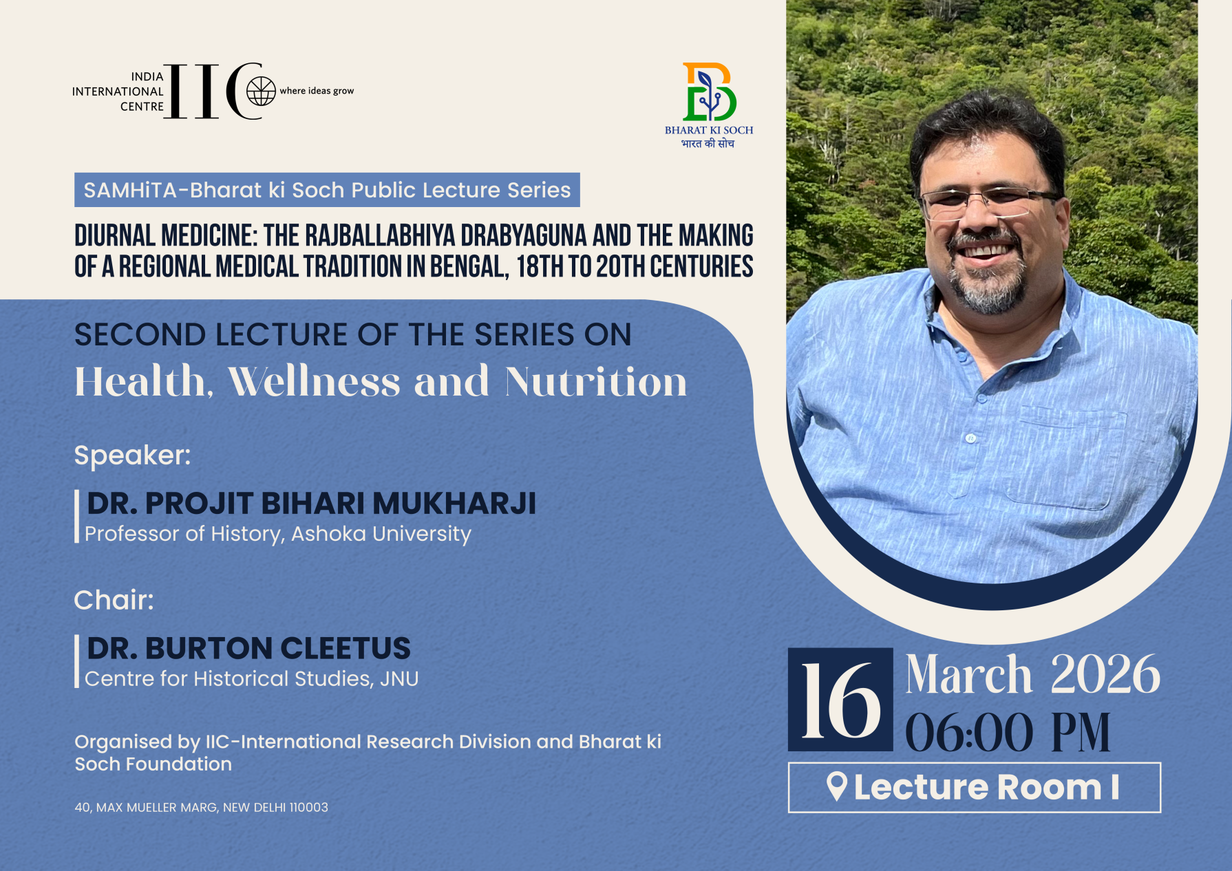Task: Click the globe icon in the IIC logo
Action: [261, 91]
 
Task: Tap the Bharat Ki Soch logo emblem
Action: [709, 92]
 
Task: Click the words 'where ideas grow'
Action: [317, 91]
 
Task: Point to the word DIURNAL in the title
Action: [115, 236]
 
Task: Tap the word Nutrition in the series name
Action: [596, 382]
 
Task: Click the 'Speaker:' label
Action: [132, 455]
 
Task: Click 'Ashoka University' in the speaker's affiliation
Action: [381, 534]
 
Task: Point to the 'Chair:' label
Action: [114, 600]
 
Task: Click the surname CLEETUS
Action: [345, 649]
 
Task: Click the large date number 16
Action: [840, 700]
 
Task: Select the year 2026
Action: [1105, 675]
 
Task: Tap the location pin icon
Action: [836, 786]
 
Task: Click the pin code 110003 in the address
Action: [308, 808]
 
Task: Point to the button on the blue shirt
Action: [970, 438]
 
